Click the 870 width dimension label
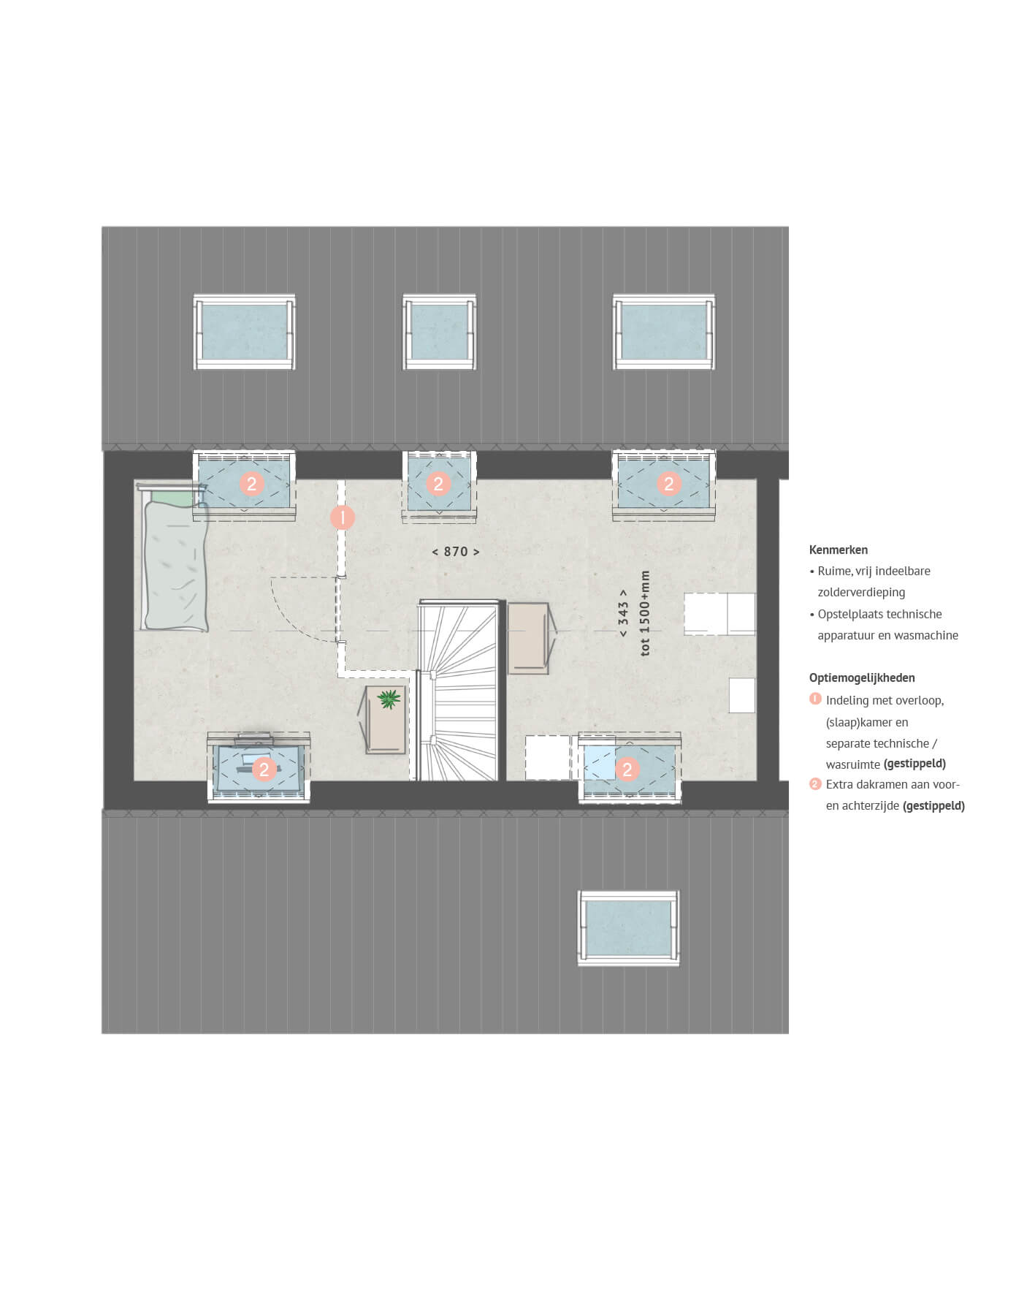click(455, 552)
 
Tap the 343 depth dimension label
click(623, 614)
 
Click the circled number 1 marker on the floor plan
click(343, 518)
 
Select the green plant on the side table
click(389, 699)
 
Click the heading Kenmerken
click(839, 550)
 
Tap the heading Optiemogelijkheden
click(862, 677)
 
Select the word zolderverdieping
click(861, 593)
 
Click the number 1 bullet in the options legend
click(815, 699)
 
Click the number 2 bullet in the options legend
click(815, 784)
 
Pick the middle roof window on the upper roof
click(439, 332)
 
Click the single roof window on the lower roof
click(628, 928)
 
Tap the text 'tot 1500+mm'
click(644, 614)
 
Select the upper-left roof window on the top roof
click(245, 332)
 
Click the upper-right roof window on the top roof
click(664, 332)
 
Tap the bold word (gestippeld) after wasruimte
click(914, 764)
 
